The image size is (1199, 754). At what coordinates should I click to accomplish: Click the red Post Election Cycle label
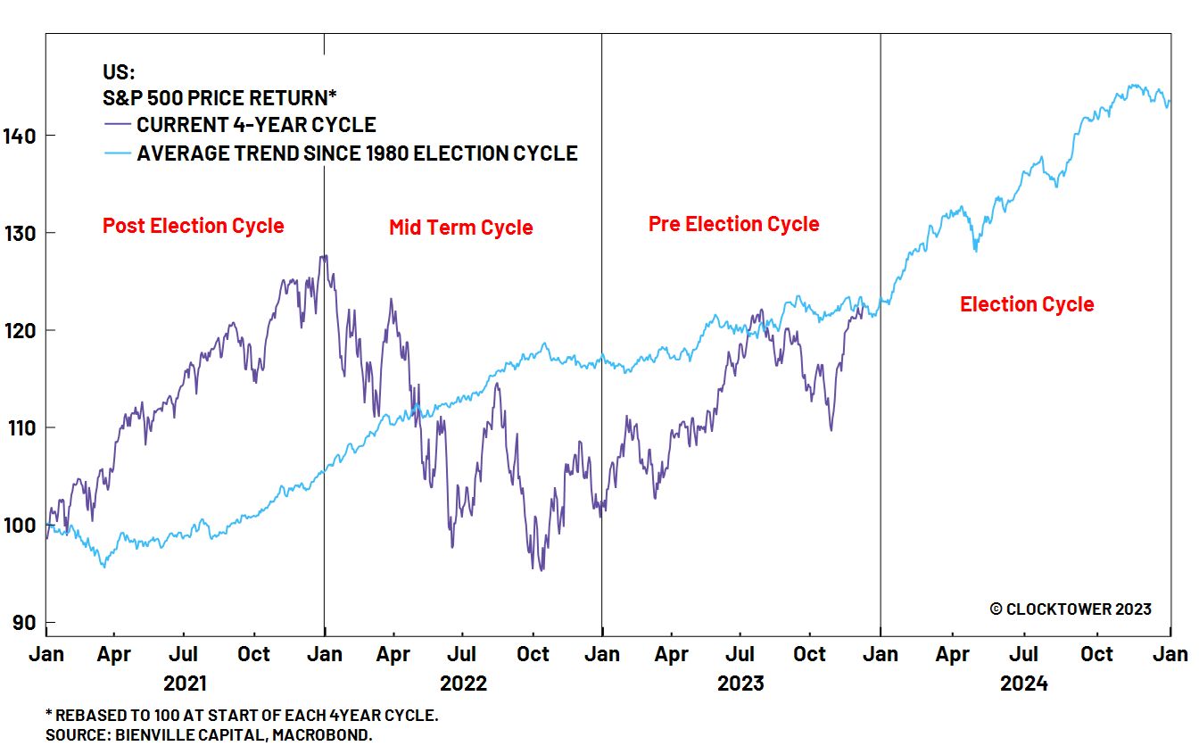[x=193, y=226]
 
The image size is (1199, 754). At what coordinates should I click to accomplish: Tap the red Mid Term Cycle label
[x=460, y=228]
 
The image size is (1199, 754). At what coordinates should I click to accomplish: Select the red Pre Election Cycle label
[x=733, y=224]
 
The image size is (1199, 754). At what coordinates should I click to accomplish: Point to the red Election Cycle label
[x=1026, y=304]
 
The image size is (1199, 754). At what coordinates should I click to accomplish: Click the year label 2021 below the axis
[x=185, y=684]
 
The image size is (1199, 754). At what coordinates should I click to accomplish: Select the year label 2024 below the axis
[x=1023, y=684]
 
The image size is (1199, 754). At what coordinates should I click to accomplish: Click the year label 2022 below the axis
[x=463, y=684]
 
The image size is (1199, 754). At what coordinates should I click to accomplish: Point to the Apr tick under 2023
[x=671, y=655]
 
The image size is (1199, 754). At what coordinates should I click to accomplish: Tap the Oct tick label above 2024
[x=1096, y=655]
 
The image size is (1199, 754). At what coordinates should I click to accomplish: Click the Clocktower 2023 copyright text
[x=1070, y=609]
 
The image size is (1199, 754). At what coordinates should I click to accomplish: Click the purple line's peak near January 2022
[x=323, y=257]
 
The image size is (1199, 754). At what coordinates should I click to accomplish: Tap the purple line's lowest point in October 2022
[x=540, y=569]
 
